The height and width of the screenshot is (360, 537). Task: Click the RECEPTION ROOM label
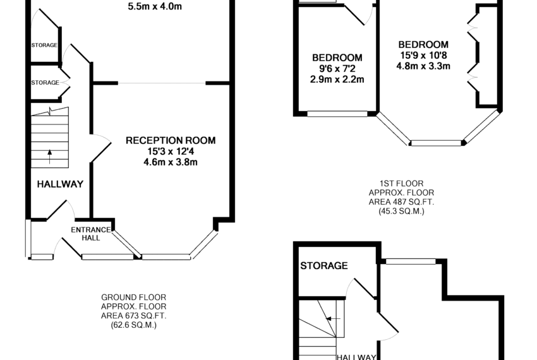point(171,140)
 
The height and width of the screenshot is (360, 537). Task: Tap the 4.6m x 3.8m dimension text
point(171,162)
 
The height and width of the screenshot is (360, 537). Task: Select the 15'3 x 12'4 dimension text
point(171,152)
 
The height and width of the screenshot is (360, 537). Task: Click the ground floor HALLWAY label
point(60,184)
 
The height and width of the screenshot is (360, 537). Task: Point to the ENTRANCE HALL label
point(91,234)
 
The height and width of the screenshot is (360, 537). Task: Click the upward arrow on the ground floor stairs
point(50,157)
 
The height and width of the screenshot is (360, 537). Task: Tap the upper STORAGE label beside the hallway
point(44,45)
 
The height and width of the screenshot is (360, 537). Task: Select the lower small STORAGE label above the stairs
point(45,83)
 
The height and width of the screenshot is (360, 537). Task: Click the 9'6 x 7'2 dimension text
point(337,68)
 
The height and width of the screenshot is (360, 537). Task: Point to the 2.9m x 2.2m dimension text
point(337,80)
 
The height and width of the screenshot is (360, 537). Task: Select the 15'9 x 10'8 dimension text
point(424,55)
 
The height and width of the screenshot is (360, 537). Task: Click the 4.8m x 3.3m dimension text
point(423,66)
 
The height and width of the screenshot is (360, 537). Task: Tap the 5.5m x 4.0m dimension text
point(155,6)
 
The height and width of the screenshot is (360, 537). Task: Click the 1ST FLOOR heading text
point(401,184)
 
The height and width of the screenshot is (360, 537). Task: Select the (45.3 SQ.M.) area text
point(401,212)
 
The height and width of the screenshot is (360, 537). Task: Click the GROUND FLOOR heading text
point(133,297)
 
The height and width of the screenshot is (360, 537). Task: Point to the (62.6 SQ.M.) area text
point(133,325)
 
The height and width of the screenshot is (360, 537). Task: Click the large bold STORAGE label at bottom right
point(324,266)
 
